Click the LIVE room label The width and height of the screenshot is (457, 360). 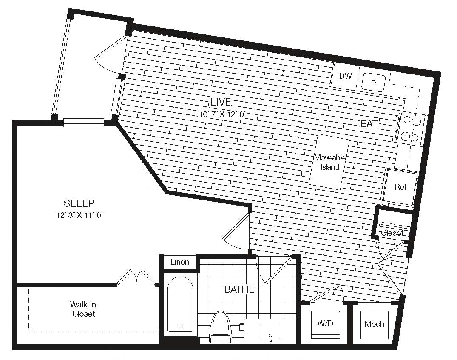coord(221,102)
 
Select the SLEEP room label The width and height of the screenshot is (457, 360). coord(79,203)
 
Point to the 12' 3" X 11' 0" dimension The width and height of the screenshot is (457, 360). coord(80,216)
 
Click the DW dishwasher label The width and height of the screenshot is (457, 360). coord(346,76)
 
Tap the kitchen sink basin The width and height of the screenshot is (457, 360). coord(374,82)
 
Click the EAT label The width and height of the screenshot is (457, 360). coord(369,124)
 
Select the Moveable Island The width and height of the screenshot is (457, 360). coord(329,162)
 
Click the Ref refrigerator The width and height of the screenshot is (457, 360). coord(400,187)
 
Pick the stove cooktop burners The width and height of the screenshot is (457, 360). coord(411,129)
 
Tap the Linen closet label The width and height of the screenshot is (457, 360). coord(179,262)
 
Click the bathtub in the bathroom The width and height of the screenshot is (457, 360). coord(180,304)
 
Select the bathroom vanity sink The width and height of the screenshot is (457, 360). coord(270,332)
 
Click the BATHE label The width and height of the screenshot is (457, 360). coord(240,289)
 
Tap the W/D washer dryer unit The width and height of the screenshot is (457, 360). coord(325,324)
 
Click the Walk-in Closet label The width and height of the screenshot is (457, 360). coord(83,309)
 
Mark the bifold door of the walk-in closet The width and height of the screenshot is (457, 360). coord(137,277)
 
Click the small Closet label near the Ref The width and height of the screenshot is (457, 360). coord(392,233)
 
